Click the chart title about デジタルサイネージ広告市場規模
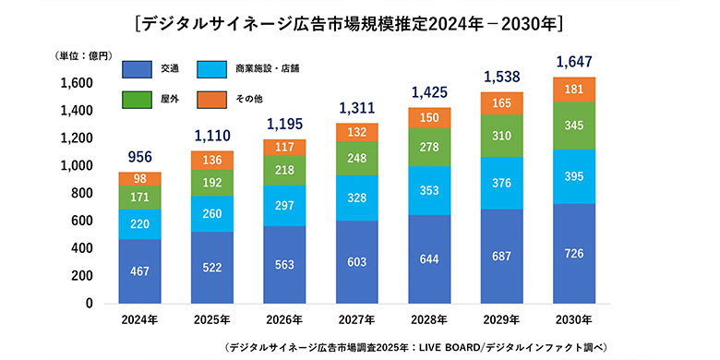[x=361, y=21]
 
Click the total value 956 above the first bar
[x=139, y=157]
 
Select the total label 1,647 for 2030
[x=573, y=63]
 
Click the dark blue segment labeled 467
[x=139, y=271]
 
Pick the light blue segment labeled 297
[x=283, y=205]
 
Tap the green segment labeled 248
[x=356, y=158]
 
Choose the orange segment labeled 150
[x=428, y=117]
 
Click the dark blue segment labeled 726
[x=573, y=254]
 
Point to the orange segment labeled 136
[x=211, y=160]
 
